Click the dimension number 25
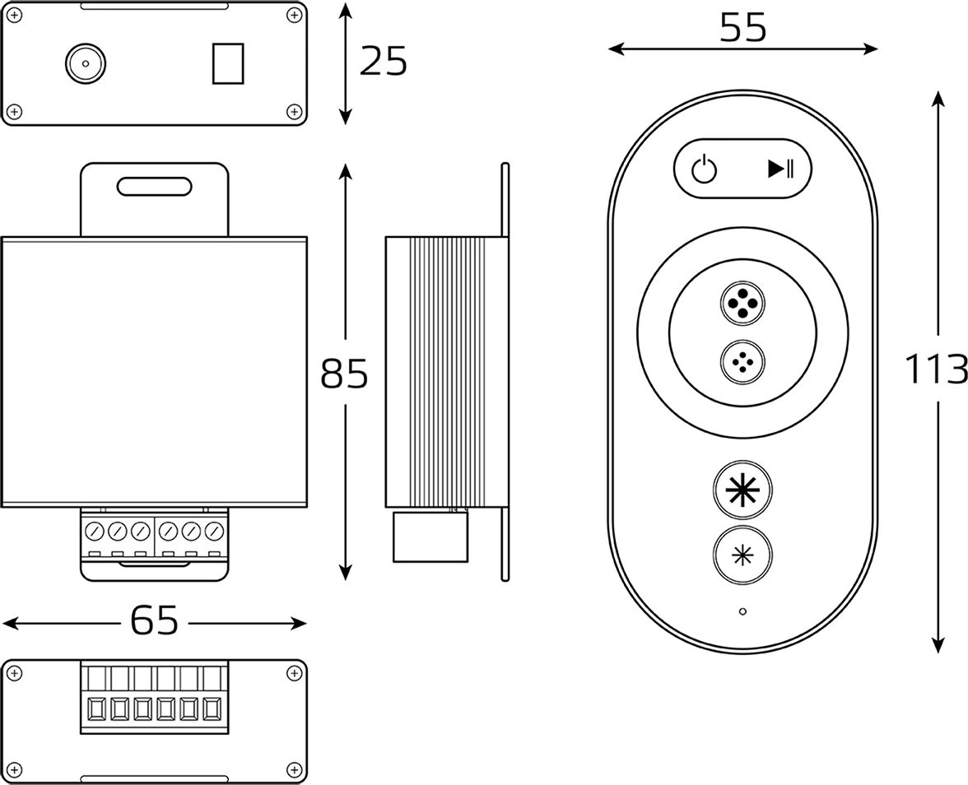[x=384, y=62]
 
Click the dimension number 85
[x=344, y=374]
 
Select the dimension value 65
[x=155, y=621]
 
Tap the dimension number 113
[x=935, y=369]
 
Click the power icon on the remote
[x=704, y=170]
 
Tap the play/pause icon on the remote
[x=780, y=169]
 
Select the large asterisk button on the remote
[x=743, y=489]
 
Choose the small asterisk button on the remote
[x=743, y=554]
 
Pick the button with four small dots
[x=743, y=363]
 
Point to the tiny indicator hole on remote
[x=742, y=611]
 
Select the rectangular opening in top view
[x=228, y=63]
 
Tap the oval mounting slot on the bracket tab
[x=154, y=186]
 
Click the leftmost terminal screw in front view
[x=95, y=530]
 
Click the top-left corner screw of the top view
[x=14, y=14]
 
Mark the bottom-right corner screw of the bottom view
[x=293, y=769]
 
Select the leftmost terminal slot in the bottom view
[x=95, y=708]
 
